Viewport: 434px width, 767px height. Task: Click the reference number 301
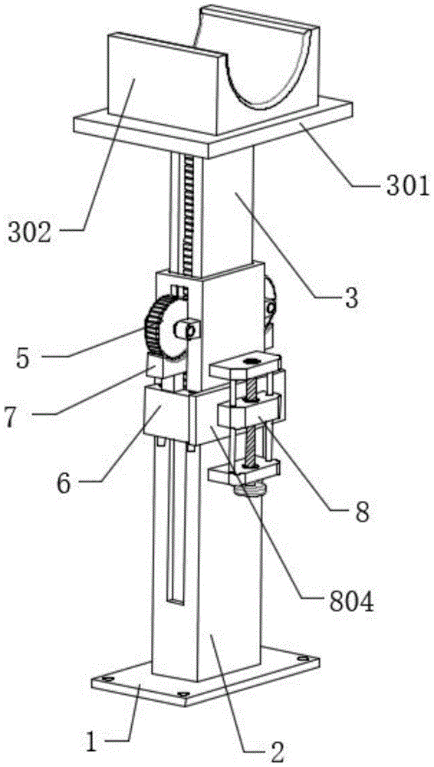click(x=403, y=186)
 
